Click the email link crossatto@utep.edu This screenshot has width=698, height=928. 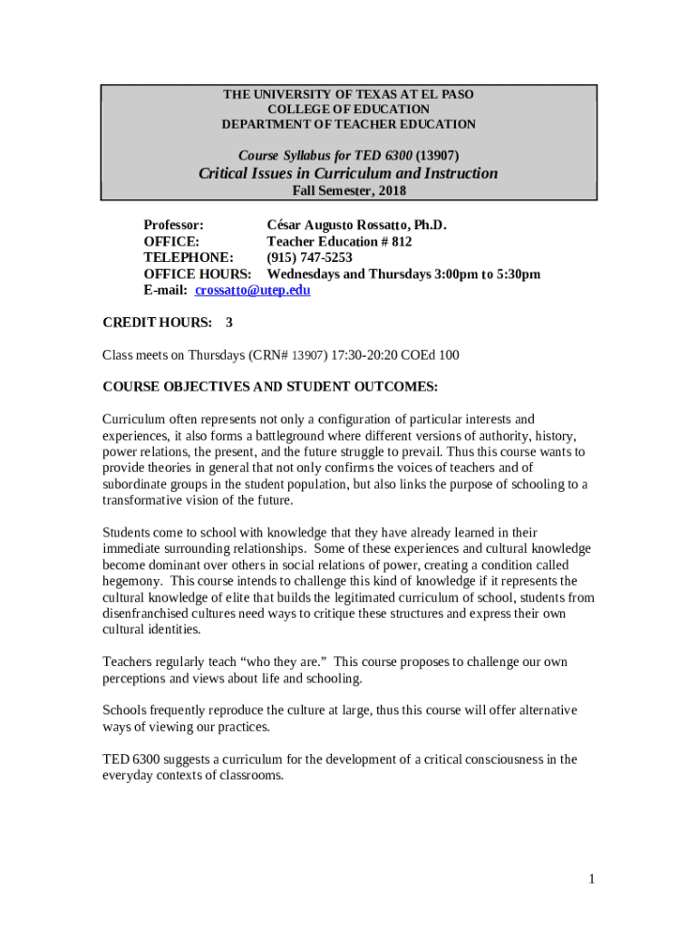253,290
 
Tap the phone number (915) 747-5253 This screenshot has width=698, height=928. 309,257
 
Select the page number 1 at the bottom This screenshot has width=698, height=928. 590,878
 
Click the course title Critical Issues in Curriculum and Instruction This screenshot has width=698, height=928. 348,173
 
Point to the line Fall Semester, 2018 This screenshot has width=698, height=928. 348,190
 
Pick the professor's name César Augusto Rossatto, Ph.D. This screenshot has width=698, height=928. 356,225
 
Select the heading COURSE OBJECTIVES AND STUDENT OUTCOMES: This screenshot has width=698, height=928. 270,387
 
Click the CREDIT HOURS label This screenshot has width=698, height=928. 158,322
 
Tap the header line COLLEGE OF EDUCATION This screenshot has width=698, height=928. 348,109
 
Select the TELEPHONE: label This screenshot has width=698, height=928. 189,257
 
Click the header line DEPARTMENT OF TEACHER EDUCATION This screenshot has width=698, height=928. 348,123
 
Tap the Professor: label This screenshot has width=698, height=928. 174,225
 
